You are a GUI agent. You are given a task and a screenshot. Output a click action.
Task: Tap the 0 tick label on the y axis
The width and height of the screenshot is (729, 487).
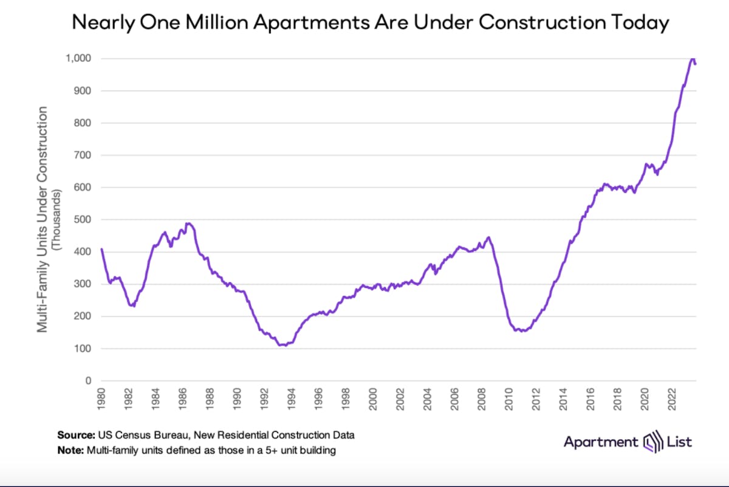pyautogui.click(x=89, y=381)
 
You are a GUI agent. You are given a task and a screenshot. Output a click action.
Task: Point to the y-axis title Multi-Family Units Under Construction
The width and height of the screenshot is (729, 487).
pyautogui.click(x=43, y=219)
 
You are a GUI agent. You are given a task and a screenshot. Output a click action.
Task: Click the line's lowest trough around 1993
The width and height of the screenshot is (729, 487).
pyautogui.click(x=282, y=345)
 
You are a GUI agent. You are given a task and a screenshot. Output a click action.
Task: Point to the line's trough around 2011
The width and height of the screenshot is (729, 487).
pyautogui.click(x=522, y=331)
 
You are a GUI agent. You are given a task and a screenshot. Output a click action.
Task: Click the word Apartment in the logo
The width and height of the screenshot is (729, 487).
pyautogui.click(x=600, y=442)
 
